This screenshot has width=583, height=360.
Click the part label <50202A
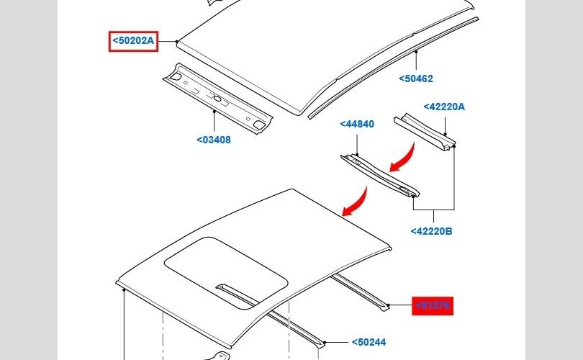(x=133, y=41)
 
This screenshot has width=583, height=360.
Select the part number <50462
(x=415, y=78)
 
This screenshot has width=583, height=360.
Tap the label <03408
(x=214, y=140)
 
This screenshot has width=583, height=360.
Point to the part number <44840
(x=357, y=124)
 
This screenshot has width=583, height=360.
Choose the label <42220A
(x=444, y=107)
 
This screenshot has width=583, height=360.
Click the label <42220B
(x=431, y=231)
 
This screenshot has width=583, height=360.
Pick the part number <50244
(x=369, y=343)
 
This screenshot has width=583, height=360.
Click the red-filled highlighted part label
(x=433, y=306)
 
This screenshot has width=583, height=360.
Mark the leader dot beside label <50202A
(x=176, y=42)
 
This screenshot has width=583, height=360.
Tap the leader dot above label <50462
(x=417, y=53)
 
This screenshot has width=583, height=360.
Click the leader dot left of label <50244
(x=325, y=343)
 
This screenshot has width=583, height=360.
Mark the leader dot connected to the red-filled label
(x=388, y=306)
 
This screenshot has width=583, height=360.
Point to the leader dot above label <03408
(x=214, y=112)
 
